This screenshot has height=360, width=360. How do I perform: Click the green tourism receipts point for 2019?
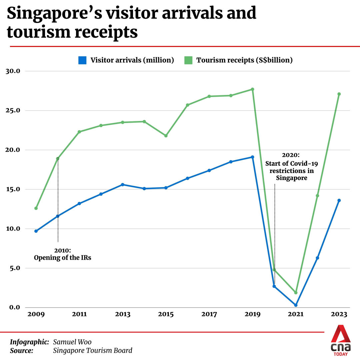252,89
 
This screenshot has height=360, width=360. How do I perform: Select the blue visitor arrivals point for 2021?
296,305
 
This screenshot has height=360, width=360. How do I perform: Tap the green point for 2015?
166,136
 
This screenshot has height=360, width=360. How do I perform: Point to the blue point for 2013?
122,184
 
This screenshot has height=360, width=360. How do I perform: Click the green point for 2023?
339,94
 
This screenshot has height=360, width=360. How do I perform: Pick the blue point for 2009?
36,231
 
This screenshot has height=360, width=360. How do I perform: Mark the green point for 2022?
317,196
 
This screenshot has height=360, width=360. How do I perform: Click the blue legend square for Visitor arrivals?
82,60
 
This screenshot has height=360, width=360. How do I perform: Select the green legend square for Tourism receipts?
188,60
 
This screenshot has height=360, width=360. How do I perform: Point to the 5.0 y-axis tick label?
15,268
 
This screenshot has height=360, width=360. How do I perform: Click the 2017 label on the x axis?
209,314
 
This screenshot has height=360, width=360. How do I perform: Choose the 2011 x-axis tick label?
79,314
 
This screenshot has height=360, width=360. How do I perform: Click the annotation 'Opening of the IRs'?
62,257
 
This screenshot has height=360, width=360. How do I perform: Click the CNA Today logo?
340,340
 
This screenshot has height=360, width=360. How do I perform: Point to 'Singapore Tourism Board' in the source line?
93,350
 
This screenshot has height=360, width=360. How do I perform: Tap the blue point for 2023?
339,200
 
